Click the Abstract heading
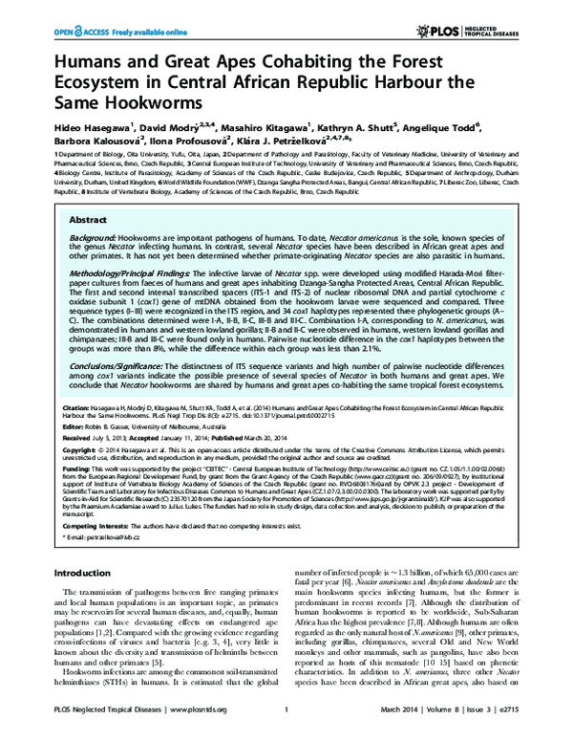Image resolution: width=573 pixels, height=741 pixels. tap(88, 219)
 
